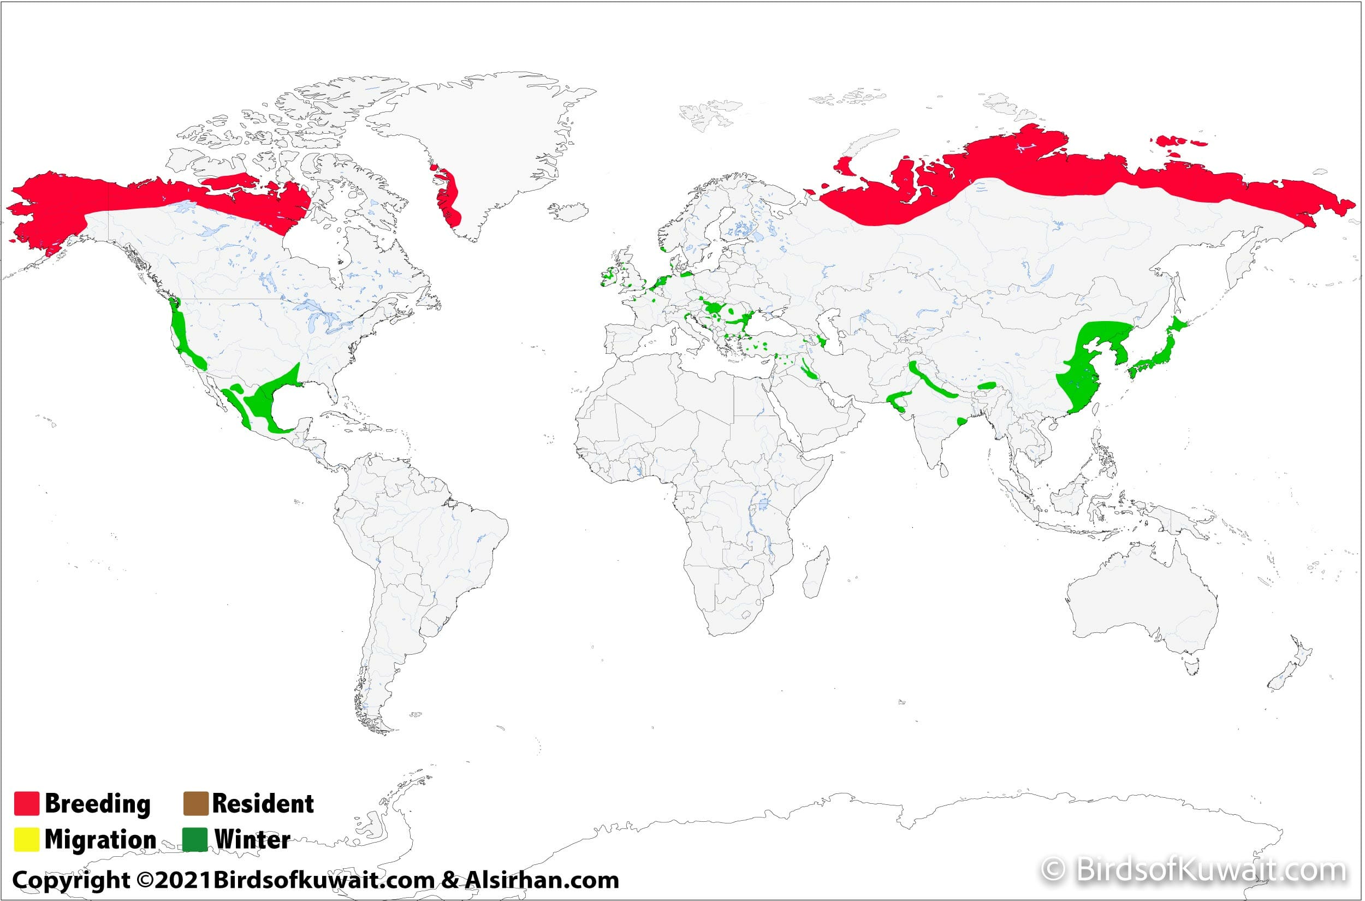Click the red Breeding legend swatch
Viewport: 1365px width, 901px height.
click(x=26, y=803)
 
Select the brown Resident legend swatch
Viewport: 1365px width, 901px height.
click(x=195, y=803)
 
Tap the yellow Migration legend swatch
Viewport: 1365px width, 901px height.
click(x=26, y=839)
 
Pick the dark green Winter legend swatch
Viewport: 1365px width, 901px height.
click(x=195, y=839)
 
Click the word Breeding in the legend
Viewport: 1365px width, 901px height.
click(x=97, y=803)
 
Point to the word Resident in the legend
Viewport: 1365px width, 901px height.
click(x=263, y=803)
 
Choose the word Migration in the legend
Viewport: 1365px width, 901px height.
click(x=100, y=839)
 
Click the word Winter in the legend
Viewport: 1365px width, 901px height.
click(x=252, y=839)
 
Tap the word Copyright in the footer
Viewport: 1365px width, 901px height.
click(x=71, y=880)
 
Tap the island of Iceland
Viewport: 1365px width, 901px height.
click(x=569, y=211)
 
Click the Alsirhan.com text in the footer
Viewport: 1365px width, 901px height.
click(x=542, y=880)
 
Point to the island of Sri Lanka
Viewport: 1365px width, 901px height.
click(x=943, y=471)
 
